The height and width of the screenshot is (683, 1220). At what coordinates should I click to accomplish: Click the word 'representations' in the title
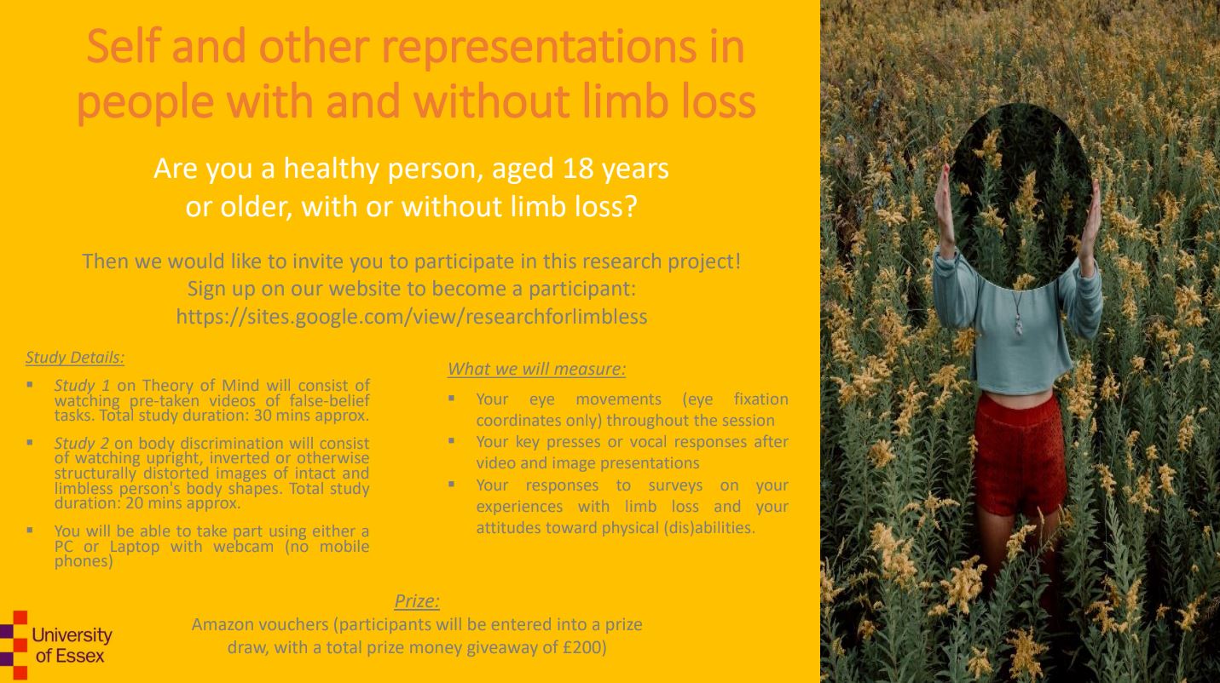coord(539,47)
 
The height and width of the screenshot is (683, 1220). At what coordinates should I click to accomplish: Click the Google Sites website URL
coord(412,316)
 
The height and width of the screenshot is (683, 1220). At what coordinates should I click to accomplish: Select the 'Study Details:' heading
coord(75,358)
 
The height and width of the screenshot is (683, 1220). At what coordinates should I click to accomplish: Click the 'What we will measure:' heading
coord(536,369)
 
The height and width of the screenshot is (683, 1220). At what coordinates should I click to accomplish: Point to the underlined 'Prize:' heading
coord(417,601)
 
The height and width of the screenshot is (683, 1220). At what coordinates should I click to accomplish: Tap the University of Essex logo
coord(56,645)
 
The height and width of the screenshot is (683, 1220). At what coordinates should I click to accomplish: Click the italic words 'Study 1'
coord(82,385)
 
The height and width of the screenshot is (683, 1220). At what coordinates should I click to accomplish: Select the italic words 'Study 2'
coord(82,443)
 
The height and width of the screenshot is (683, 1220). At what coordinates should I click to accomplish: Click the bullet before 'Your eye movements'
coord(452,399)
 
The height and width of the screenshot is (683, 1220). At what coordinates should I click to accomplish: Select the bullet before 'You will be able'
coord(29,530)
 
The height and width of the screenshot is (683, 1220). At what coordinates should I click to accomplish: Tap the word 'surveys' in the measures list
coord(675,485)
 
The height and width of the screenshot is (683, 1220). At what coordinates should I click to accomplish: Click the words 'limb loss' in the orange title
coord(669,101)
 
